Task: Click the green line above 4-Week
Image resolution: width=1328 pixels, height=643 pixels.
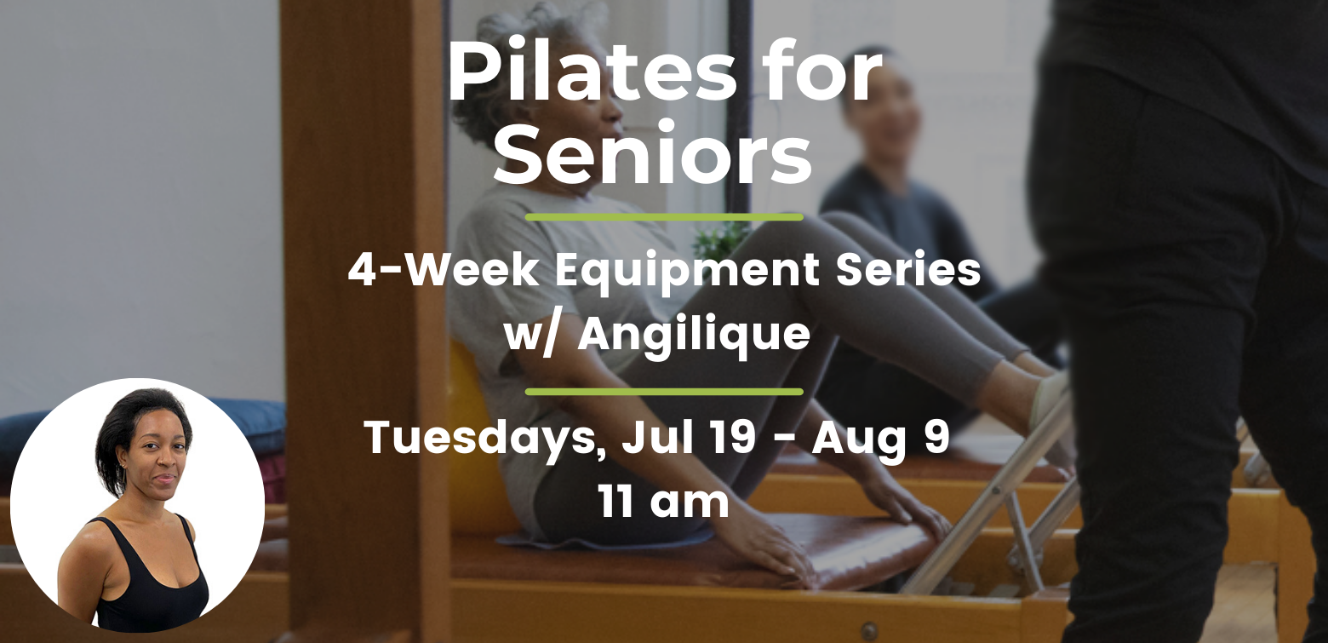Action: [x=664, y=217]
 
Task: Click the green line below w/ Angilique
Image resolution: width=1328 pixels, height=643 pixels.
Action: [x=664, y=392]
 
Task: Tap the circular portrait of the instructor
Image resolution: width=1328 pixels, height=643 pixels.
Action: [x=138, y=505]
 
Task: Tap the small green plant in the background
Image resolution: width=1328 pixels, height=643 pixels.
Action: [x=720, y=240]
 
